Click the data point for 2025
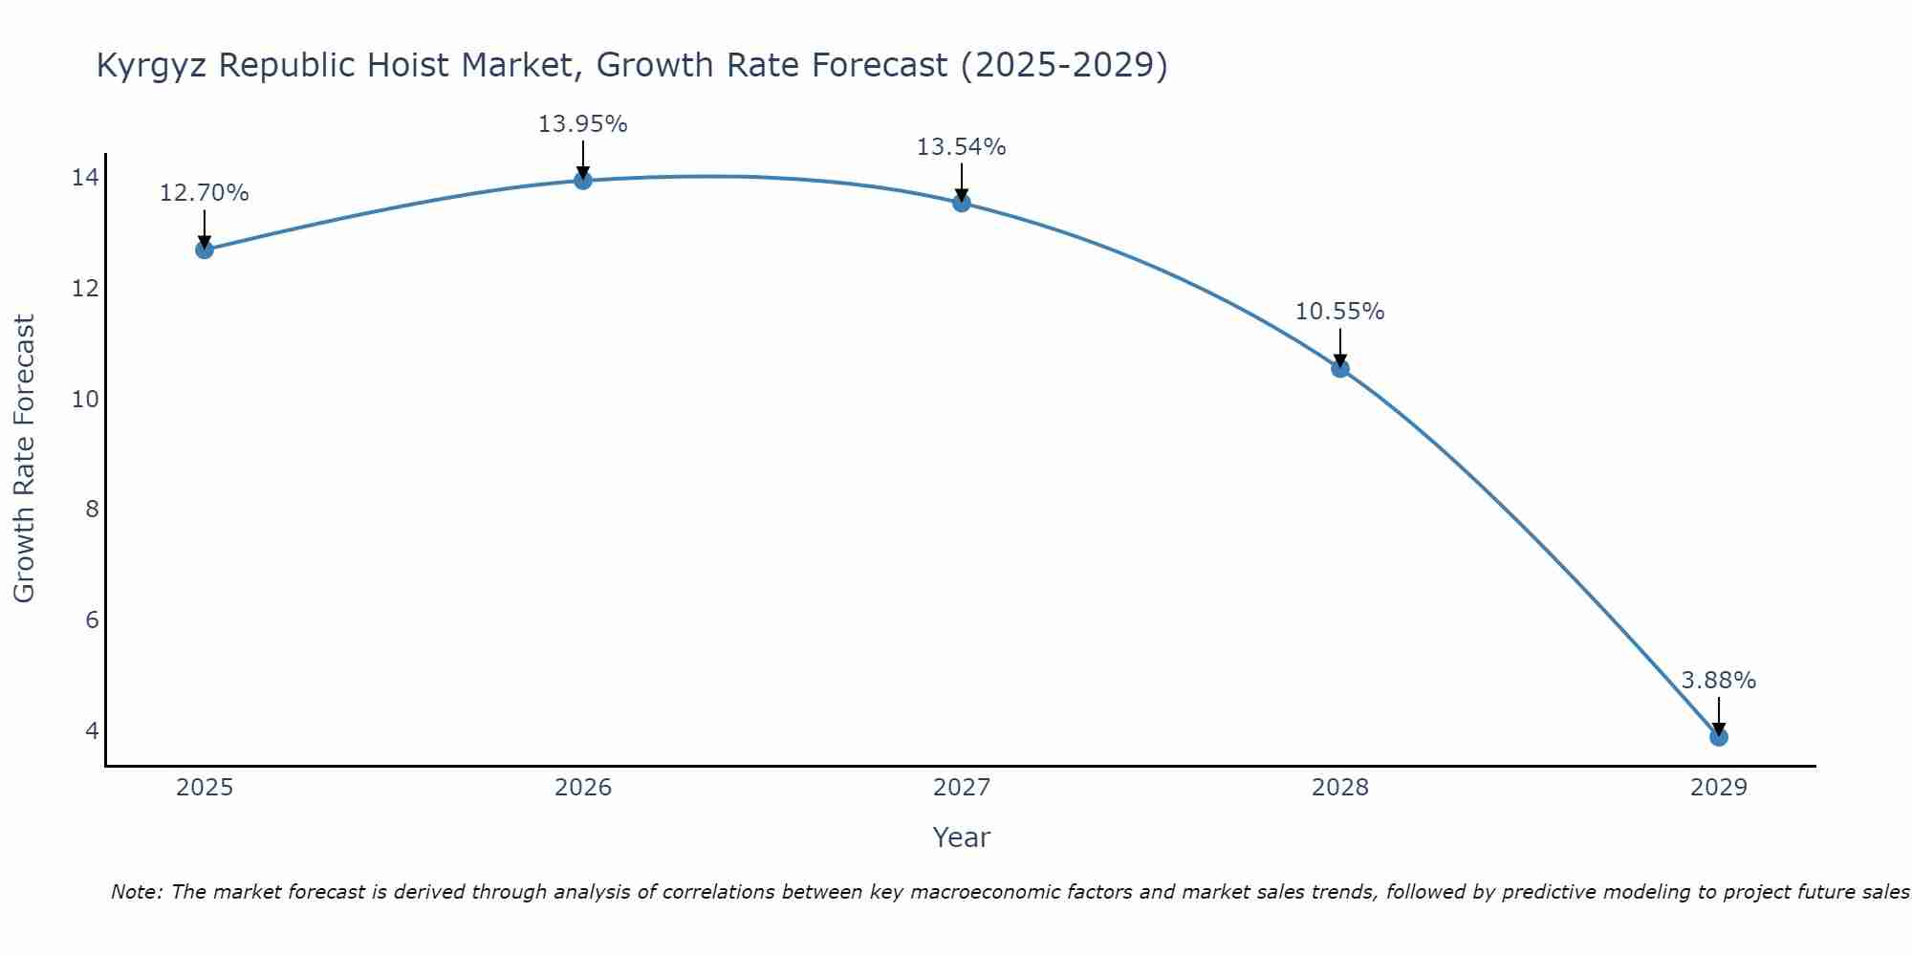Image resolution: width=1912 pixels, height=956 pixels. (x=205, y=250)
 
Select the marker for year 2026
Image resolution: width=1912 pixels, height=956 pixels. (x=583, y=180)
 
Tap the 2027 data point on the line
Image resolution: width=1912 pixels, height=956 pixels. (x=962, y=203)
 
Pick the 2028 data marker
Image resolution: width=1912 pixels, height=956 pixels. (x=1340, y=368)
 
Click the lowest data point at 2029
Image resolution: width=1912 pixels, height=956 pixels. (x=1719, y=737)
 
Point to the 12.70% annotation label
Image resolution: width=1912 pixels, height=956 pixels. (x=204, y=193)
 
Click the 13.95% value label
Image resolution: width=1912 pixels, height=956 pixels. (x=582, y=124)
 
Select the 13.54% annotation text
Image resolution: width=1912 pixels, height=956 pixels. (x=961, y=147)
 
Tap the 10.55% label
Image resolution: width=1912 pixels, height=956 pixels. (x=1339, y=312)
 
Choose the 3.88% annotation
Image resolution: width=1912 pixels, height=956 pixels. (x=1718, y=681)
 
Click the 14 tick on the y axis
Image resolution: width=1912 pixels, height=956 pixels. (x=85, y=178)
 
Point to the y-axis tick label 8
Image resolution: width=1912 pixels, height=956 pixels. (x=92, y=510)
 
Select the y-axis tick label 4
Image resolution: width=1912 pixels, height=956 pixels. (x=92, y=730)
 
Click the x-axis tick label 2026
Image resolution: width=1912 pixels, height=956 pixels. (x=583, y=788)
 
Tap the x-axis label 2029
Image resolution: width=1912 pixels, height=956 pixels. (x=1719, y=788)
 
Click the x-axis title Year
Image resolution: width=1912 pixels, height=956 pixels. (x=961, y=837)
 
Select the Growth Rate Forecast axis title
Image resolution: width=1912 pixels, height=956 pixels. (x=24, y=459)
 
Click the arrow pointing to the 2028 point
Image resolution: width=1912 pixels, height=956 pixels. (x=1340, y=346)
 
